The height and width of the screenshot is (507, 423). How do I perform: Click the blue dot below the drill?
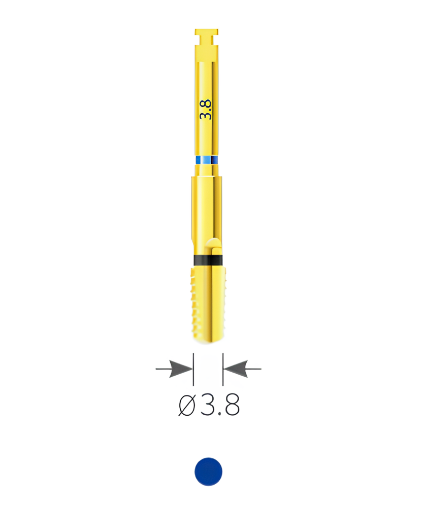click(x=208, y=472)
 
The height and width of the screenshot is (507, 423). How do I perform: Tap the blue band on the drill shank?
click(x=207, y=160)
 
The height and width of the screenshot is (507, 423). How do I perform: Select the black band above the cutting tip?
click(x=208, y=260)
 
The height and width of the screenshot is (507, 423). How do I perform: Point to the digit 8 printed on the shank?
click(x=206, y=103)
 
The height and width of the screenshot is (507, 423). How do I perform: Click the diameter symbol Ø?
click(x=187, y=405)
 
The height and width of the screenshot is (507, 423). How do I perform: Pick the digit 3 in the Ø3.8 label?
click(x=207, y=405)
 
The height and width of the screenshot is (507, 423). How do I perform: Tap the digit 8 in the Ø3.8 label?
click(x=232, y=405)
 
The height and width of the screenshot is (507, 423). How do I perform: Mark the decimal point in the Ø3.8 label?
click(x=219, y=413)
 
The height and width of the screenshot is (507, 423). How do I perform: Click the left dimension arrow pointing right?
click(x=174, y=369)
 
